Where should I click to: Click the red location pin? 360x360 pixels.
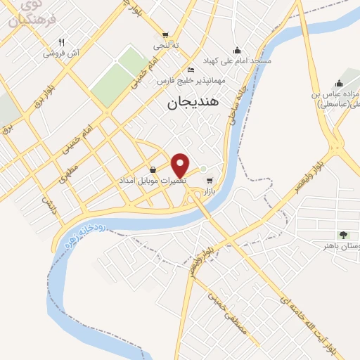coord(181,165)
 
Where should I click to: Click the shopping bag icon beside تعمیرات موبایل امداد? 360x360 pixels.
coord(153,169)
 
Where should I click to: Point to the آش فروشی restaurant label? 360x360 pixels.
coord(61,53)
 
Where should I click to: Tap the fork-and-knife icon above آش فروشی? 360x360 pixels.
coord(61,42)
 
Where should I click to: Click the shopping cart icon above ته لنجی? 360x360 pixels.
coord(165,34)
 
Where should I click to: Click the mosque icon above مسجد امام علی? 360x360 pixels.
coord(237,50)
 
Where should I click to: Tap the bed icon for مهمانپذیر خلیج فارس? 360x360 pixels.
coord(191,70)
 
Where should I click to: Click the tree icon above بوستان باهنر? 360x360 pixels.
coord(342,235)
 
